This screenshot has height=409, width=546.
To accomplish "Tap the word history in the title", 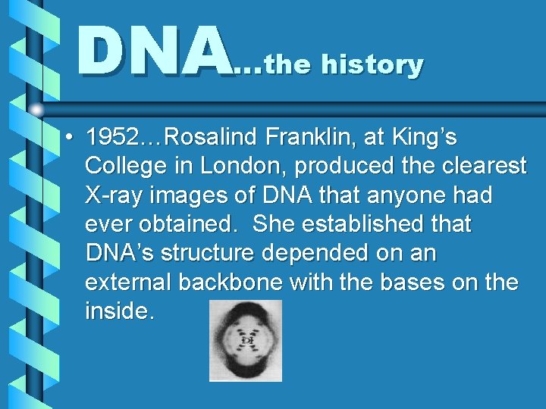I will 372,65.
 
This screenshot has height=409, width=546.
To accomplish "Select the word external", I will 128,282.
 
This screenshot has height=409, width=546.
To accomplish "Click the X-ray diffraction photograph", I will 246,340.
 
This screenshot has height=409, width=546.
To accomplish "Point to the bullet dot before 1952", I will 68,139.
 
